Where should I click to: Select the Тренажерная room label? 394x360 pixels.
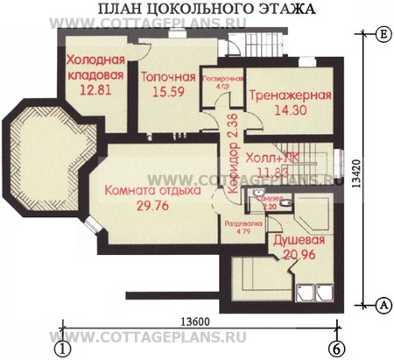288,95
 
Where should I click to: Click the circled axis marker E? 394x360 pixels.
383,35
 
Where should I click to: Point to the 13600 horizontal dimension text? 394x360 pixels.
197,321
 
